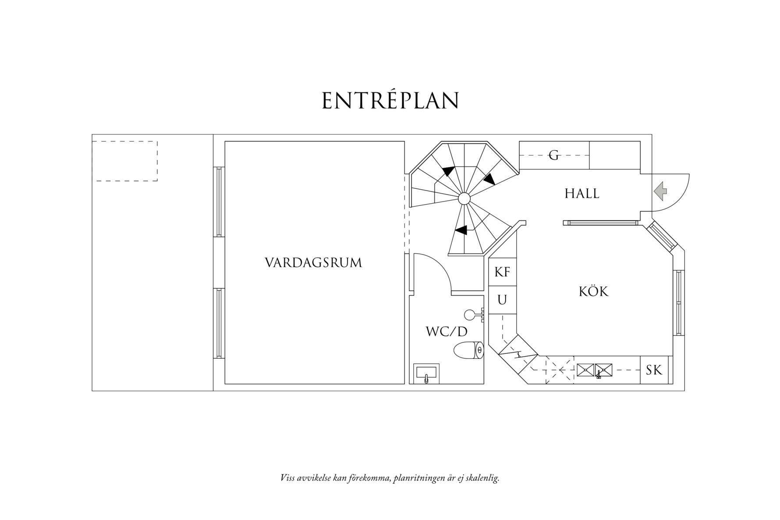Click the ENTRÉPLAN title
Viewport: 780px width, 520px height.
click(390, 101)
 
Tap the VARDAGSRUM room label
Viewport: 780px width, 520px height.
click(313, 263)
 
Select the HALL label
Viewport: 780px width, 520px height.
click(581, 194)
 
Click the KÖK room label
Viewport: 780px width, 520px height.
click(593, 292)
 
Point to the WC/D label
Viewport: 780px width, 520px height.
click(447, 332)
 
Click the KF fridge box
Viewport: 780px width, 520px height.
click(502, 272)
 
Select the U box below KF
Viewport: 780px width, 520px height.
click(502, 300)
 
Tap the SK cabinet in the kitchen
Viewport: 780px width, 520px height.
click(654, 371)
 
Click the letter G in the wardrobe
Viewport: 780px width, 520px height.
click(554, 155)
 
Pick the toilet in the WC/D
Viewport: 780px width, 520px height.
click(468, 350)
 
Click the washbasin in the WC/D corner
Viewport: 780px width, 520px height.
click(426, 374)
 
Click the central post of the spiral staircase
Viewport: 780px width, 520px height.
click(464, 199)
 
